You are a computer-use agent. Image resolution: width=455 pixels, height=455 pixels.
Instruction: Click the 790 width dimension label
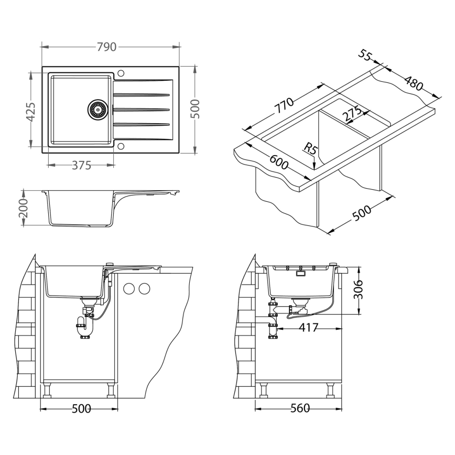[106, 47]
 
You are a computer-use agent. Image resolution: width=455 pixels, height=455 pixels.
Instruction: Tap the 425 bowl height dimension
[31, 112]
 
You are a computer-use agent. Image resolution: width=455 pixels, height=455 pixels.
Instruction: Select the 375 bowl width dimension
[82, 166]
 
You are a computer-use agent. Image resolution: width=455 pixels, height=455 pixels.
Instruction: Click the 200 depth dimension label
[23, 208]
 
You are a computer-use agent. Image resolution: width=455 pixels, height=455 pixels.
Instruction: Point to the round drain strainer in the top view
[97, 110]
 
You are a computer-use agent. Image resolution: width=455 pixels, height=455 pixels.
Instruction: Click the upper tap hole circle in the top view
[121, 72]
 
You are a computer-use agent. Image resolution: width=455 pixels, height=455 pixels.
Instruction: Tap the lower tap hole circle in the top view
[121, 146]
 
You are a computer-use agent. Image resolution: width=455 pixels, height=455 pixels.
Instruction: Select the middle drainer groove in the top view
[142, 110]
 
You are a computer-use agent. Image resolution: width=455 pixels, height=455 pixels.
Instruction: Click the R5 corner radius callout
[310, 149]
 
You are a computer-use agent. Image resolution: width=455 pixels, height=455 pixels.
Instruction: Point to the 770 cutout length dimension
[284, 106]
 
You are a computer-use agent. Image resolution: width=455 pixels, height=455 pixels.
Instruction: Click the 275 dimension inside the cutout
[352, 114]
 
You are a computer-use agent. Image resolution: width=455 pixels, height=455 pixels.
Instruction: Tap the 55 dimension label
[365, 55]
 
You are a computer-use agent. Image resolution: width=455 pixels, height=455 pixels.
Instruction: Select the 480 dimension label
[414, 83]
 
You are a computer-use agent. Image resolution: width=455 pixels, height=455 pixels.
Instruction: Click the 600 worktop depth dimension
[279, 162]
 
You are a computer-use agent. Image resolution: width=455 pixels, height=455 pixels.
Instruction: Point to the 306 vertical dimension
[359, 289]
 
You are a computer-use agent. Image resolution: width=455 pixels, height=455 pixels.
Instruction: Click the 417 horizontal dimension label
[308, 328]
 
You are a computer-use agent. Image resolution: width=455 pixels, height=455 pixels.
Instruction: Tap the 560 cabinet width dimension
[300, 408]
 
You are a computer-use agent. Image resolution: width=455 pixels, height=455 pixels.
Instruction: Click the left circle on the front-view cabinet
[129, 289]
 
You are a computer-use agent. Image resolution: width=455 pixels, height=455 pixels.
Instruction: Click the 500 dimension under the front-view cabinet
[81, 409]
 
